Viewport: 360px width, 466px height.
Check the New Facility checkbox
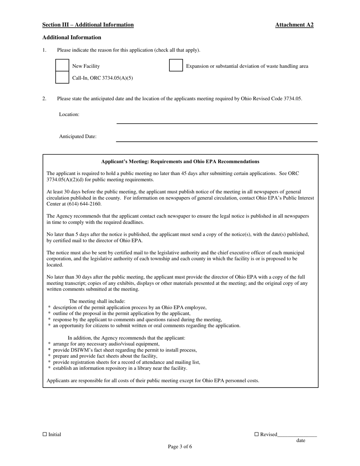(62, 66)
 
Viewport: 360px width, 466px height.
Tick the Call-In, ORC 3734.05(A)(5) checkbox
(62, 78)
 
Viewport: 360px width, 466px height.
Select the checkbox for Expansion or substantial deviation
(176, 66)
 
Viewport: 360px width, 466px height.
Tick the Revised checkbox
(256, 434)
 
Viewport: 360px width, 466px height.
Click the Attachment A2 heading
(294, 25)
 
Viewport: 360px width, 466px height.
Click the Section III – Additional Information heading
(88, 25)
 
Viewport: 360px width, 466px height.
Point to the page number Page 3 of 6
(180, 446)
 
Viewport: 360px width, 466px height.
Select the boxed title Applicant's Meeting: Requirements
(180, 161)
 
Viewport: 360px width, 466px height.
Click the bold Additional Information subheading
(72, 38)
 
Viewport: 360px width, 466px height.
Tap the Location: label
(69, 114)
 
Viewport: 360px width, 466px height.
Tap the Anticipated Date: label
(78, 136)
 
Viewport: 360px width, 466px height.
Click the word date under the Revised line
(301, 440)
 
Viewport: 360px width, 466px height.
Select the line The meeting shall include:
(97, 301)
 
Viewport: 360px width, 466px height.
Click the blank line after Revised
(297, 435)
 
